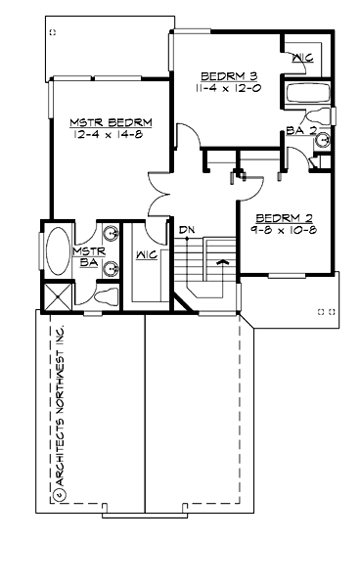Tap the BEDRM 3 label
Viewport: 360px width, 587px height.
227,76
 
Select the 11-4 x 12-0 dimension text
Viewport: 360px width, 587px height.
227,88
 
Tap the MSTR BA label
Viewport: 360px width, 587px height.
86,256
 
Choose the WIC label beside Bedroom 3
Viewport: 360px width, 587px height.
301,58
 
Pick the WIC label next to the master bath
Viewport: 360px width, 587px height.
146,256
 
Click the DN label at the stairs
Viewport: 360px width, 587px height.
186,231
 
